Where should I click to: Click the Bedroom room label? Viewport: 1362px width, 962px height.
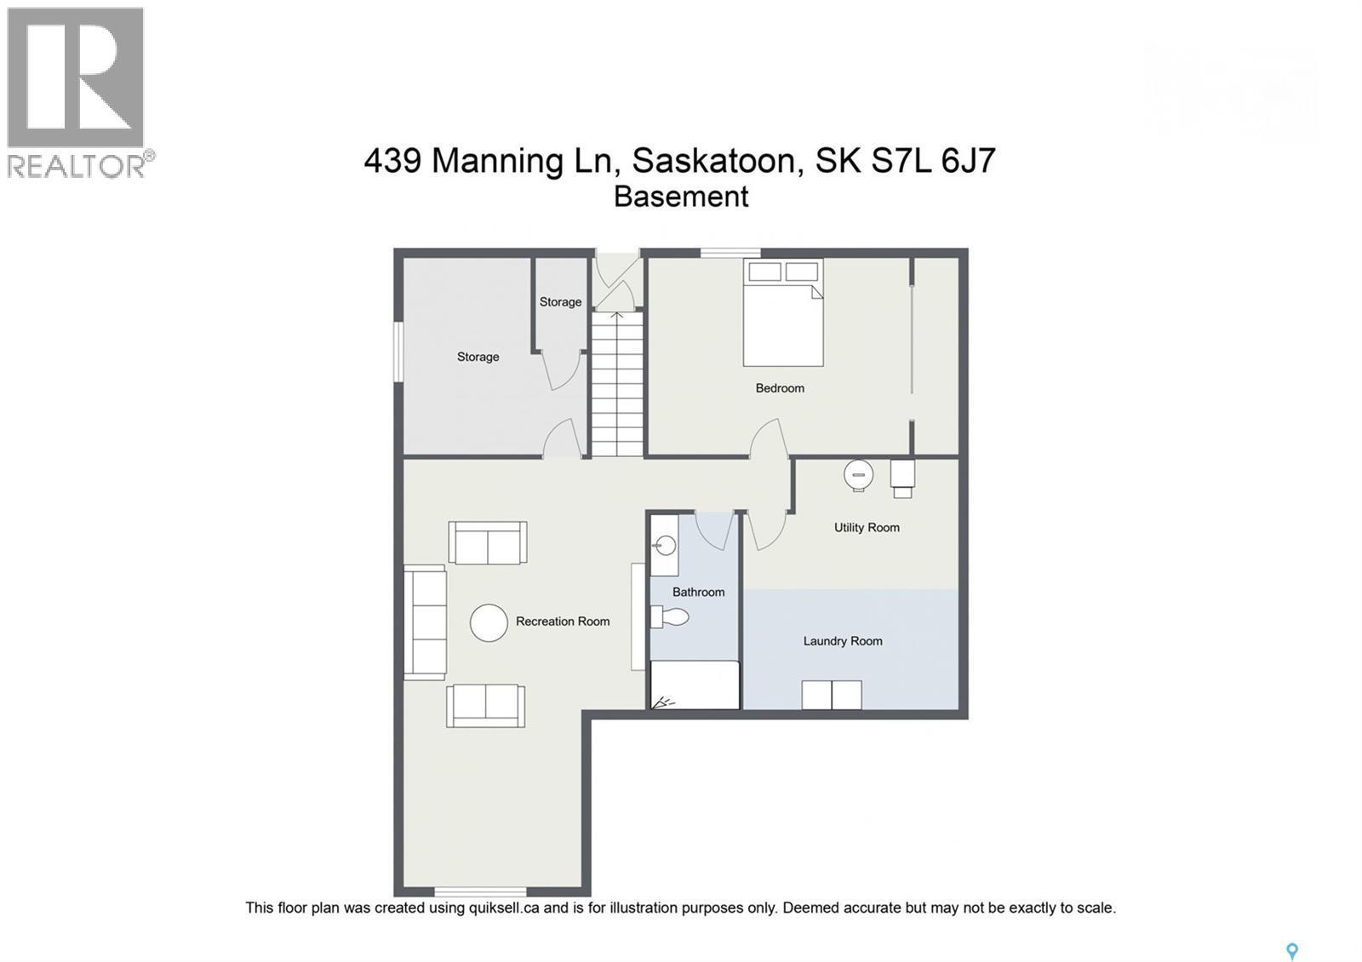(779, 388)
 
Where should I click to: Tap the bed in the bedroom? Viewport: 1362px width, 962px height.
(782, 313)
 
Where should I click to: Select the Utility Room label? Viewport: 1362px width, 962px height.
(866, 528)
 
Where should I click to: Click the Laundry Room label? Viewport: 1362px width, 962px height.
(842, 641)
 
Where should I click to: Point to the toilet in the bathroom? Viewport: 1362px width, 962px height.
(672, 616)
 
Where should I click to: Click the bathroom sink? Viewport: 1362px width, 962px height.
(666, 545)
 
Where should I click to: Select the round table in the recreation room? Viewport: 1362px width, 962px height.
(489, 622)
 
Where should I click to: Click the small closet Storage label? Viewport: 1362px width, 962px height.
(560, 302)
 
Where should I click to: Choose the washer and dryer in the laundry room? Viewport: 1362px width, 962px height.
(831, 695)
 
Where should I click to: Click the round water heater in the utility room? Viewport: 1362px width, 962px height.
(859, 475)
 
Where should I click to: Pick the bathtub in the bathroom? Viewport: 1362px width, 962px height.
(694, 685)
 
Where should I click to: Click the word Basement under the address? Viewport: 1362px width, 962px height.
(681, 197)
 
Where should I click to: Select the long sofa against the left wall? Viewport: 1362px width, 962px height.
(425, 622)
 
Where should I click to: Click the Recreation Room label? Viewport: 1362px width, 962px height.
(562, 621)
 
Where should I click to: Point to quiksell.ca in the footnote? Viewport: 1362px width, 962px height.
(504, 908)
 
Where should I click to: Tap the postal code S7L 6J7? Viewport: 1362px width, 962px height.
(933, 160)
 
